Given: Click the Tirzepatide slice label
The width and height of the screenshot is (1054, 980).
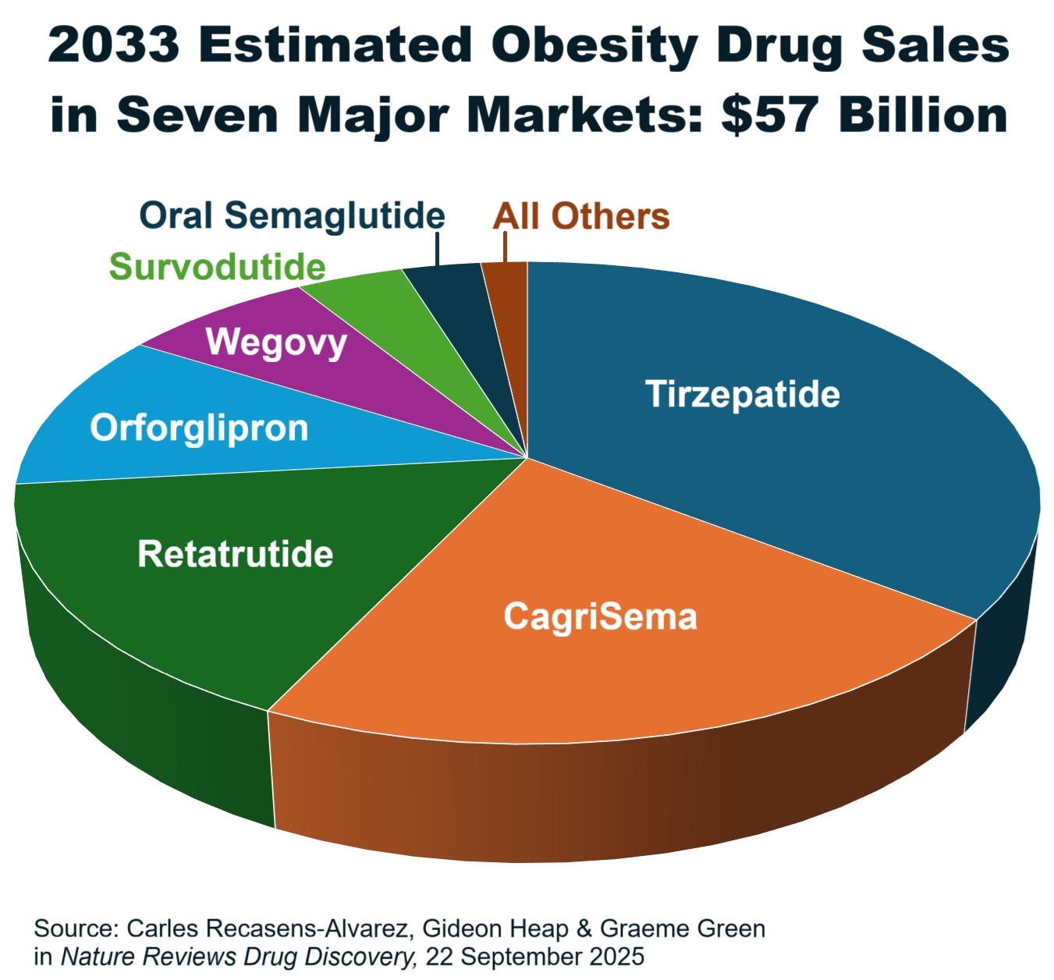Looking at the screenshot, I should tap(742, 394).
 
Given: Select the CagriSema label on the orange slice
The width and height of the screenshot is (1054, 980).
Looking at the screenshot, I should tap(600, 616).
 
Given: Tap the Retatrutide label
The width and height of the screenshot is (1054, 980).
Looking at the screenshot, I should tap(235, 554).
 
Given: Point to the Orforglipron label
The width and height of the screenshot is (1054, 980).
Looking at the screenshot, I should tap(199, 428).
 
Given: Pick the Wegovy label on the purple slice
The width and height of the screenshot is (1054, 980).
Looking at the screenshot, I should tap(276, 342).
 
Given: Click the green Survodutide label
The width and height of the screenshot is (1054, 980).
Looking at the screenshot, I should tap(217, 268).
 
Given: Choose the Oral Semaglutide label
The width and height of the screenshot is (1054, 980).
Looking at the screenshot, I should tap(292, 216).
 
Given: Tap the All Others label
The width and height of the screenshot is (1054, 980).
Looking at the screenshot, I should tap(580, 217).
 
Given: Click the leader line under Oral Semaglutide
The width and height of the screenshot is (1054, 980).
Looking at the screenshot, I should tap(437, 250).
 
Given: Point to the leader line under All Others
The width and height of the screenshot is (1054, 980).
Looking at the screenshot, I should tap(505, 248).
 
